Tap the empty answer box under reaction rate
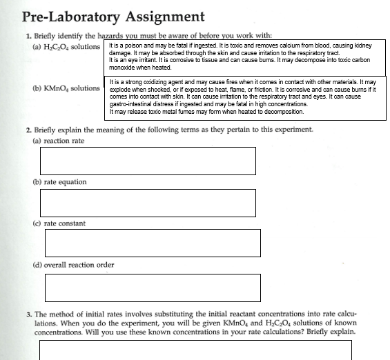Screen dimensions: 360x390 click(x=148, y=161)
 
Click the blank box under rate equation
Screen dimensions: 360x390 click(x=148, y=203)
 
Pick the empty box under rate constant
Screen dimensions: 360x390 click(x=153, y=243)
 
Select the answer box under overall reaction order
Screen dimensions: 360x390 click(x=153, y=288)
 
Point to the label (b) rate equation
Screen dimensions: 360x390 click(x=60, y=182)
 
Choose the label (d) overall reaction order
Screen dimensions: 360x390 click(x=73, y=265)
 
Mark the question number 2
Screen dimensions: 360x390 click(x=27, y=130)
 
